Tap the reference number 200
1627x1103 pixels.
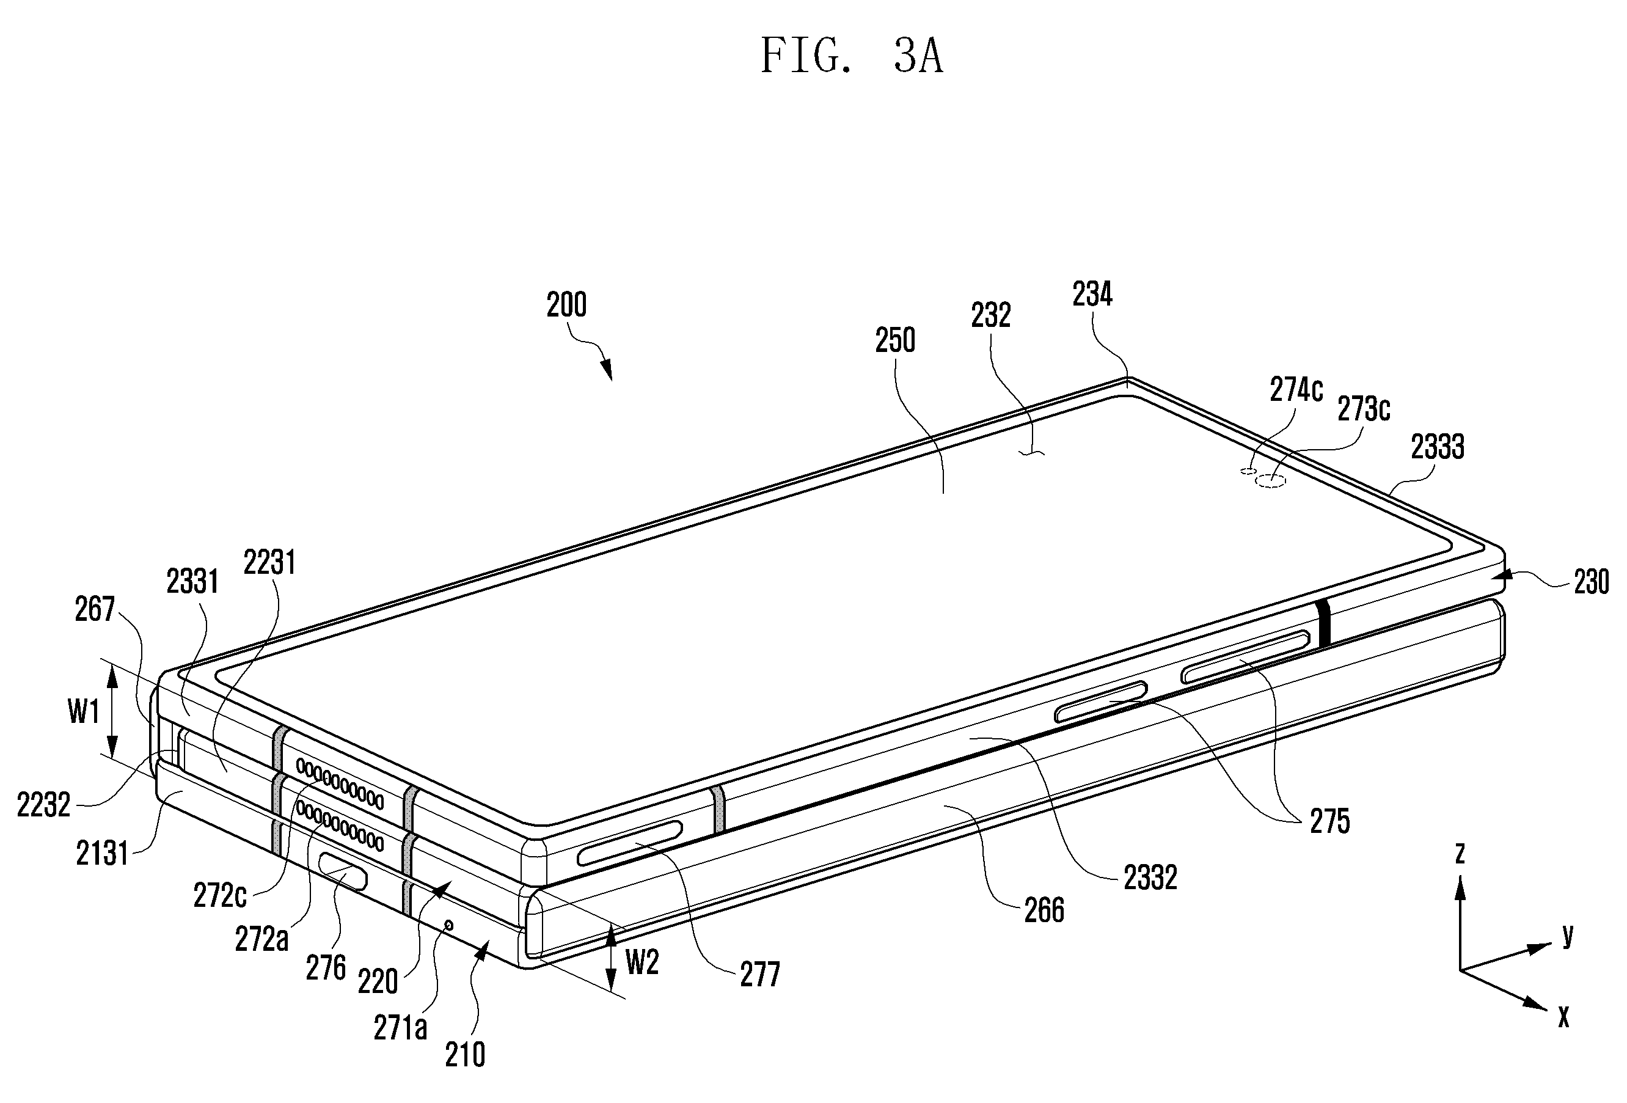tap(566, 305)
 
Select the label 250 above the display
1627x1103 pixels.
tap(896, 340)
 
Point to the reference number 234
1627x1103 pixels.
tap(1092, 294)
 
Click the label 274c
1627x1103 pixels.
tap(1296, 389)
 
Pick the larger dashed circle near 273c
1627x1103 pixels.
tap(1271, 480)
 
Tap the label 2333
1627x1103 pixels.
tap(1437, 446)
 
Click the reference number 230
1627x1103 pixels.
tap(1592, 582)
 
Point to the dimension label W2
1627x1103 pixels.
tap(642, 963)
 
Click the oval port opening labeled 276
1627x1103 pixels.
tap(343, 871)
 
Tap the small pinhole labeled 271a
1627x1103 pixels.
tap(449, 926)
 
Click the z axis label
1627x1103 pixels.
tap(1460, 852)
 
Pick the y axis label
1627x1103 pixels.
tap(1568, 934)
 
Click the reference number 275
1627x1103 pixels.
tap(1329, 821)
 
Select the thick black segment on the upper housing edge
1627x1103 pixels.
tap(1323, 623)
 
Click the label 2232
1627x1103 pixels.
tap(43, 806)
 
